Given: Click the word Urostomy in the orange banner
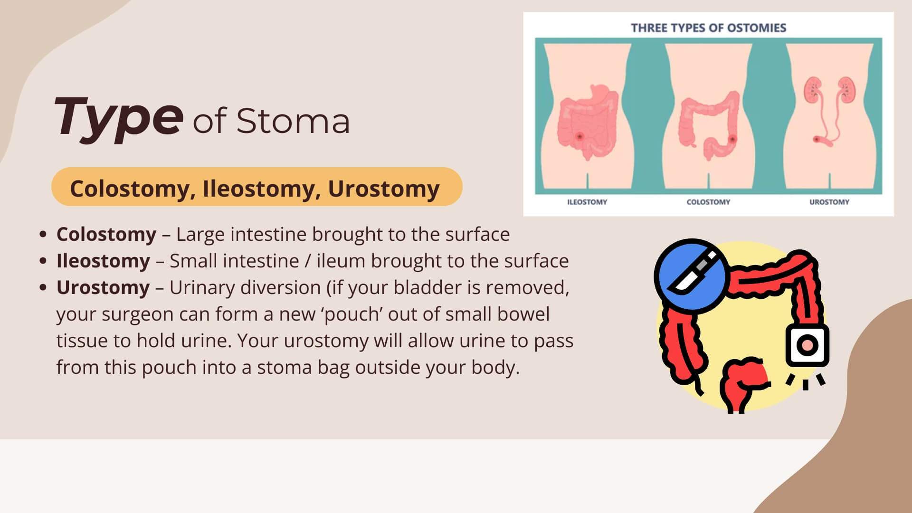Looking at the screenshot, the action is (x=384, y=189).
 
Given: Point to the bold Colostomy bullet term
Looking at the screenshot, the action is (x=106, y=234).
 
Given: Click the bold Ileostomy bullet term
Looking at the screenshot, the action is (x=103, y=261).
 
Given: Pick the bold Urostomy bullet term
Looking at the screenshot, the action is (x=103, y=287).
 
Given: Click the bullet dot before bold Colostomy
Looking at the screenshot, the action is (x=43, y=234).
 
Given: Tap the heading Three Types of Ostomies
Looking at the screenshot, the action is (x=708, y=28).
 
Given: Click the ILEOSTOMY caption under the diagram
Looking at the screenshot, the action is (x=587, y=202).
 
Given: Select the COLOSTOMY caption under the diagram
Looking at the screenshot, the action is (x=708, y=202).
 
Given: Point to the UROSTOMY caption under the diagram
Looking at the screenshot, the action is (x=829, y=202).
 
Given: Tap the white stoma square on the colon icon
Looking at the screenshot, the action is (x=807, y=345).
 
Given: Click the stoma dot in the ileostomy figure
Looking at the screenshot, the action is (x=579, y=136).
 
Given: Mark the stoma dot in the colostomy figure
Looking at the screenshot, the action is (x=732, y=139).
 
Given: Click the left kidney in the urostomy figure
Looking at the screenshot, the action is (x=813, y=90).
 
